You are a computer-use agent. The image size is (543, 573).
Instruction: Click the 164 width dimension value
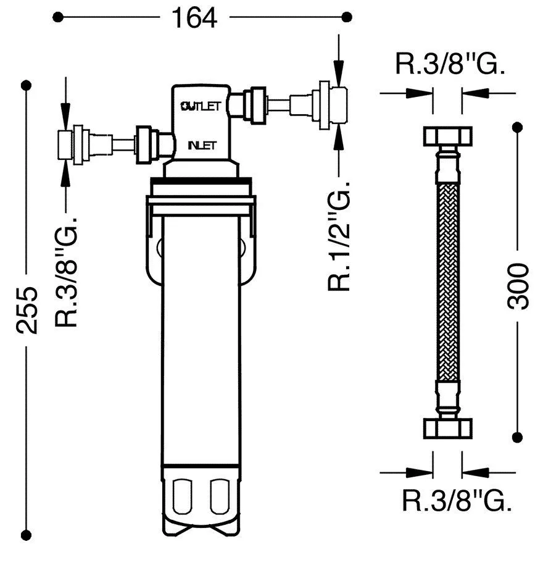click(194, 18)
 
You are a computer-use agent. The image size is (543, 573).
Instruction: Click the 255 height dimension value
click(27, 310)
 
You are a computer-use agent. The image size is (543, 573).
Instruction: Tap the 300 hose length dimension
click(518, 286)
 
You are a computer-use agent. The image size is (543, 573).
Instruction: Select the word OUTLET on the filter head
click(201, 106)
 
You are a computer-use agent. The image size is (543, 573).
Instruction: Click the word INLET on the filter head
click(202, 145)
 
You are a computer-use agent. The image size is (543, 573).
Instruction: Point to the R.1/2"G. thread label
click(339, 235)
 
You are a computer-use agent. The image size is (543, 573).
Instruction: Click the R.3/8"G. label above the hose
click(450, 64)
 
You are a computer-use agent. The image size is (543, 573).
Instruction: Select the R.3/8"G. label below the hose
click(457, 501)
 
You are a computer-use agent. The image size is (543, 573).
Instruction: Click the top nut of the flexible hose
click(448, 136)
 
